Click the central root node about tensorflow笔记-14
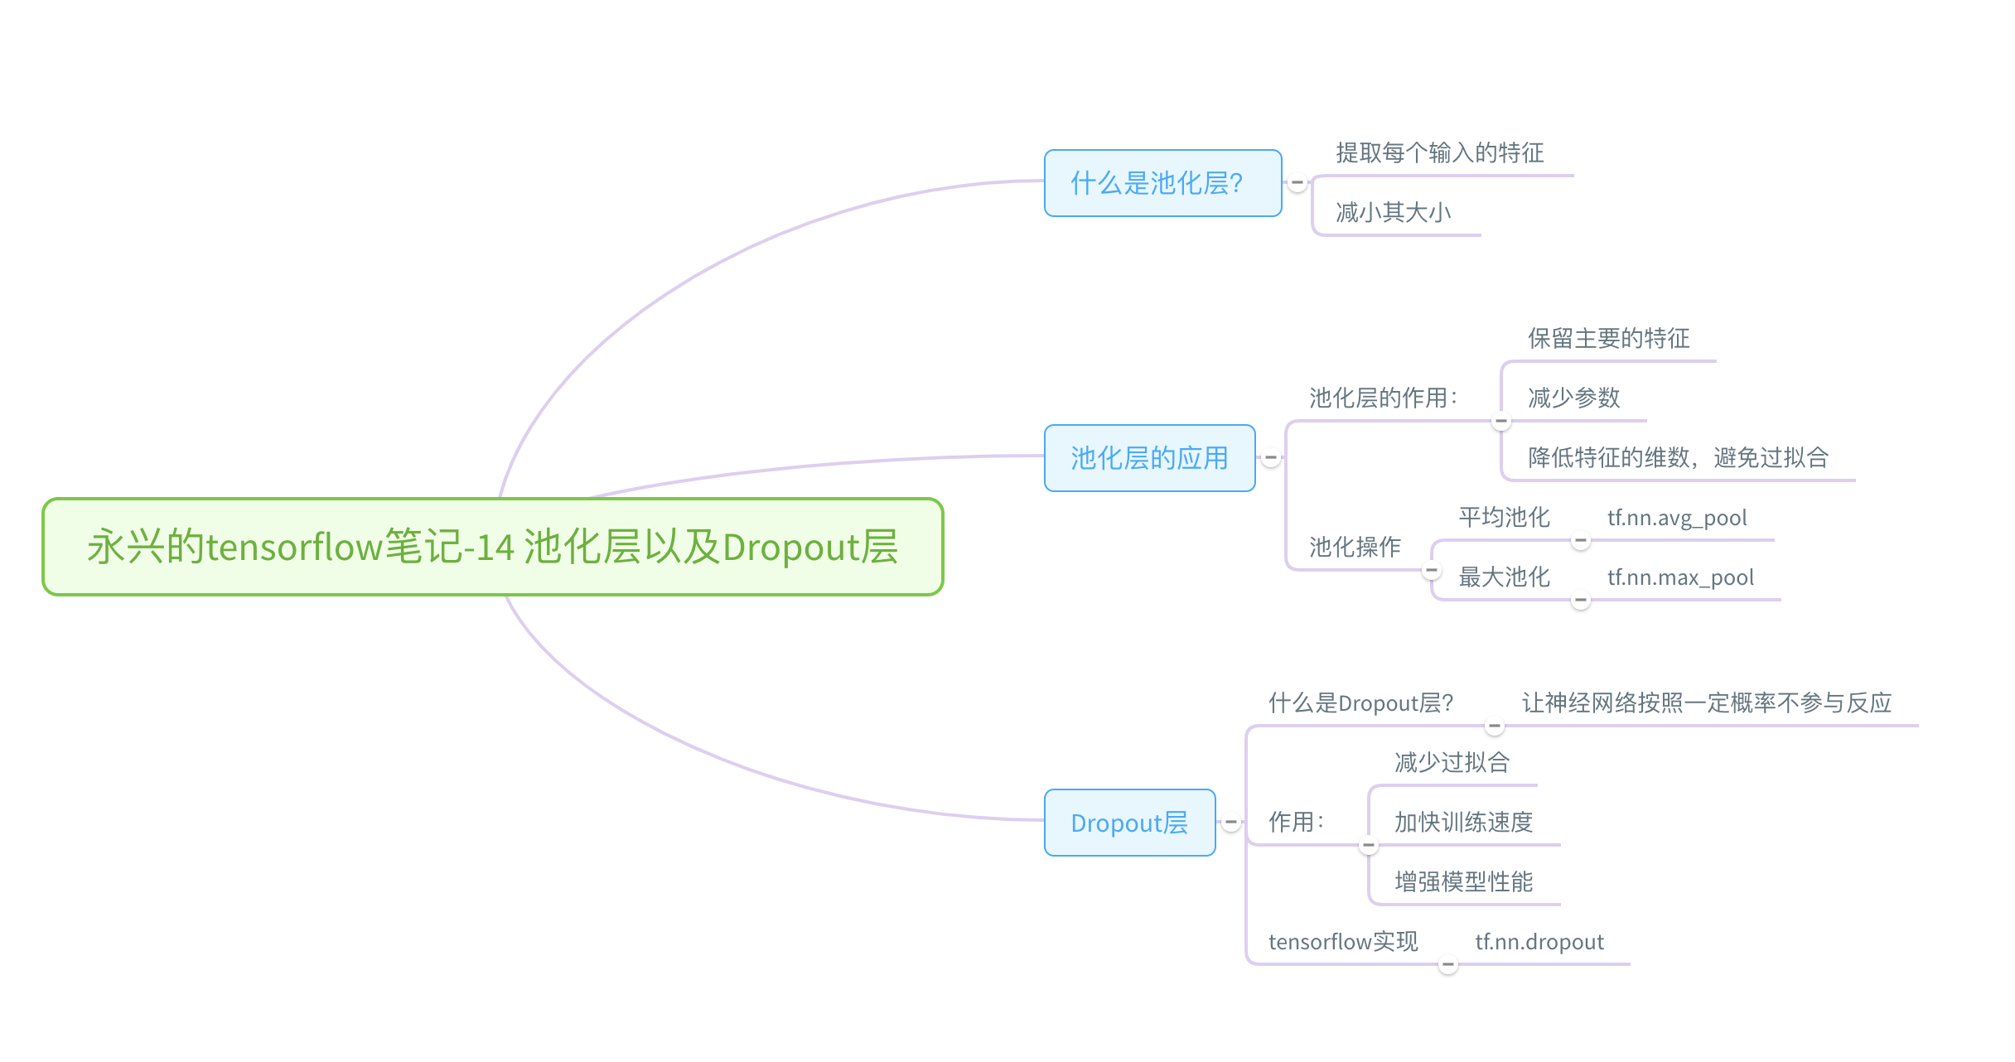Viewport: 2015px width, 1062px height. [493, 547]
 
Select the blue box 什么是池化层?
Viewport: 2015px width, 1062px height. [1162, 183]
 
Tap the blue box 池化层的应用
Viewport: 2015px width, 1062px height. [1149, 458]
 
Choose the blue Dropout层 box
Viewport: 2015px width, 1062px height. [1129, 823]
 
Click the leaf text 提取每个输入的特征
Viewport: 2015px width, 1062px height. [1439, 153]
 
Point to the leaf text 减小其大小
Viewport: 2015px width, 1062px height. [1393, 213]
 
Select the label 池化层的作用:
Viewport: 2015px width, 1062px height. [1383, 398]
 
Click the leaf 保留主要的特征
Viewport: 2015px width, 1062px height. [1608, 339]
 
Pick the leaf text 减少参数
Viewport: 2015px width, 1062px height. [1573, 398]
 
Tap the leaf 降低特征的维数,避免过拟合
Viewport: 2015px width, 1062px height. [1678, 458]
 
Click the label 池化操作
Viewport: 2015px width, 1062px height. [1355, 547]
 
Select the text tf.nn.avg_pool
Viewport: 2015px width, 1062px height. [1677, 518]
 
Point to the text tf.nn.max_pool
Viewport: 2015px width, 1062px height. [1680, 577]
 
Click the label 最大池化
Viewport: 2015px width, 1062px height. [1504, 577]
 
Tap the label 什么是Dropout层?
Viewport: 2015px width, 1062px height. [1360, 703]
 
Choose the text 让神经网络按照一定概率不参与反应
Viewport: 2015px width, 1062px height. [1707, 703]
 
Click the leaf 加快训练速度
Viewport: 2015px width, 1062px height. [1463, 823]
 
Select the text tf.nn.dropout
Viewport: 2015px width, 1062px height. [1539, 942]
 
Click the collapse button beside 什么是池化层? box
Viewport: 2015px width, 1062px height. [1297, 182]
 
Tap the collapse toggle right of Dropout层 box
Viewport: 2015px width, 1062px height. [1231, 822]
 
